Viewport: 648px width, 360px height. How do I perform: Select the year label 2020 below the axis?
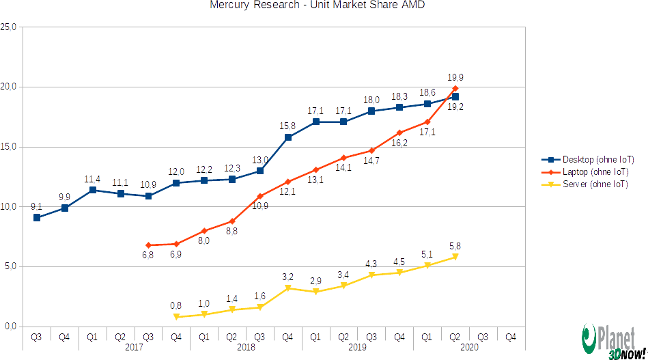point(468,348)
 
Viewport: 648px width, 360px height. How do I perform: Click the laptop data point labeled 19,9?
point(455,88)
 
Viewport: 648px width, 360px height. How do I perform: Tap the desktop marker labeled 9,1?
point(37,218)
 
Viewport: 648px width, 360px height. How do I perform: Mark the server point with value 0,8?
point(176,317)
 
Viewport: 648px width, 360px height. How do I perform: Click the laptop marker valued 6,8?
point(148,245)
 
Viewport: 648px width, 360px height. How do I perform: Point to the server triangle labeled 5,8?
point(455,257)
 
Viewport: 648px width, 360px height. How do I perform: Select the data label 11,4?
point(92,179)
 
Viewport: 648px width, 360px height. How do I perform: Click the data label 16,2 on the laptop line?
point(399,143)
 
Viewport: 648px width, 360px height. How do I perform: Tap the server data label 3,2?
point(287,277)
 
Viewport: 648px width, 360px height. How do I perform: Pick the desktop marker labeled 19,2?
point(455,96)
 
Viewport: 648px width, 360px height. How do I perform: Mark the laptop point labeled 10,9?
point(259,196)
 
